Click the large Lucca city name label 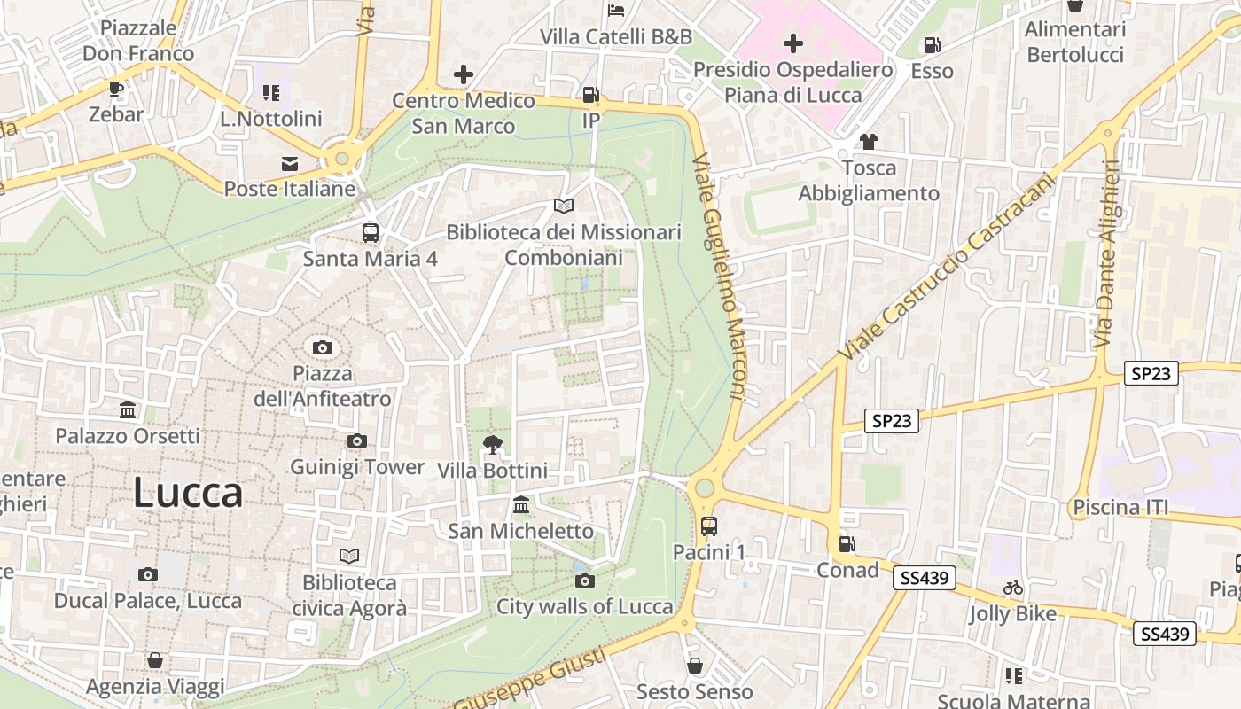pos(188,493)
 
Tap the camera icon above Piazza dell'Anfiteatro pos(323,347)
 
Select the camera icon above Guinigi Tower pos(357,440)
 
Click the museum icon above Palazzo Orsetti pos(128,410)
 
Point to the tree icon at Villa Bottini pos(492,444)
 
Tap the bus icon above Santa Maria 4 pos(371,233)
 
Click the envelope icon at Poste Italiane pos(290,163)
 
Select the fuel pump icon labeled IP pos(590,95)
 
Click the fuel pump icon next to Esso pos(932,44)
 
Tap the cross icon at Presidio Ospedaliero pos(793,43)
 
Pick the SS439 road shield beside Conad pos(925,579)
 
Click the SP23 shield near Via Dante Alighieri pos(1151,374)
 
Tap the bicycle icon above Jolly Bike pos(1013,588)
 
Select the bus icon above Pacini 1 pos(709,526)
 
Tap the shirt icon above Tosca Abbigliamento pos(868,142)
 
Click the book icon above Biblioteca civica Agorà pos(350,556)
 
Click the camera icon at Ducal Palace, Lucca pos(148,574)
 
